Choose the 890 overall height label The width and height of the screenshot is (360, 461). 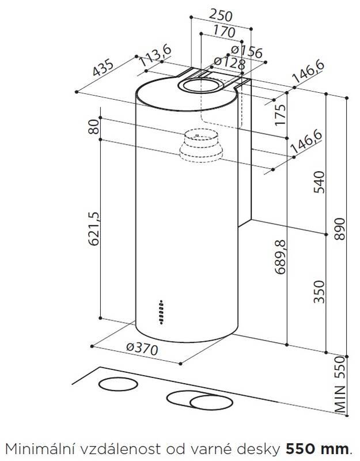340,231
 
